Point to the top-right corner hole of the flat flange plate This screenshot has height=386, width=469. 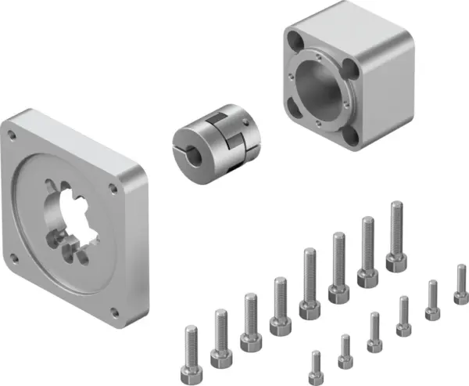(113, 188)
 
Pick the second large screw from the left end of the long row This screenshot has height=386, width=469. (220, 334)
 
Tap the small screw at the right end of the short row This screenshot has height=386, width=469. (460, 285)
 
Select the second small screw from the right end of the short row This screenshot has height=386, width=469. (432, 301)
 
